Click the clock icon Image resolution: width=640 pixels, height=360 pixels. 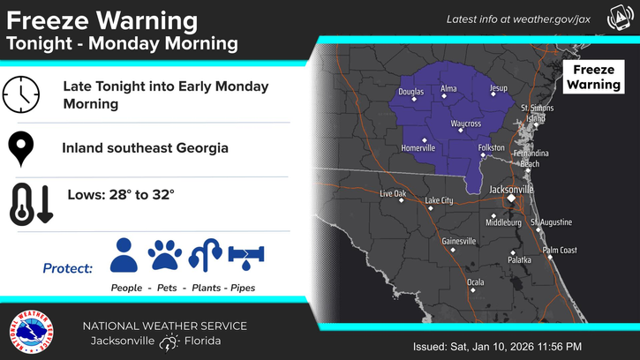(21, 94)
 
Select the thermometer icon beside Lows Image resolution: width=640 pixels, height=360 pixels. (32, 204)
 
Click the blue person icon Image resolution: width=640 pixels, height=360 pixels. (124, 255)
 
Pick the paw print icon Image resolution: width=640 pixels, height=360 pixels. (164, 255)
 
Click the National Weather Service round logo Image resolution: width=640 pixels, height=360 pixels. (29, 333)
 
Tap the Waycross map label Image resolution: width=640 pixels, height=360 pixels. (465, 124)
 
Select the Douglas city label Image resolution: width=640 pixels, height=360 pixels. (411, 92)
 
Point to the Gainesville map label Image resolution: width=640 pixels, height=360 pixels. (458, 241)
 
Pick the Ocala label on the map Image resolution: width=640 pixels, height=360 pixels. (475, 282)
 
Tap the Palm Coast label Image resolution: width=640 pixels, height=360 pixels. (559, 251)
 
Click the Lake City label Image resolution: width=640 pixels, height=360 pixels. (439, 201)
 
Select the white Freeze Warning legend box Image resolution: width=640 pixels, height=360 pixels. (593, 77)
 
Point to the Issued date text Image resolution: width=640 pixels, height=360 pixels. (496, 345)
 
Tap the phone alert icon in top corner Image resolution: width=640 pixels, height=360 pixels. (620, 18)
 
